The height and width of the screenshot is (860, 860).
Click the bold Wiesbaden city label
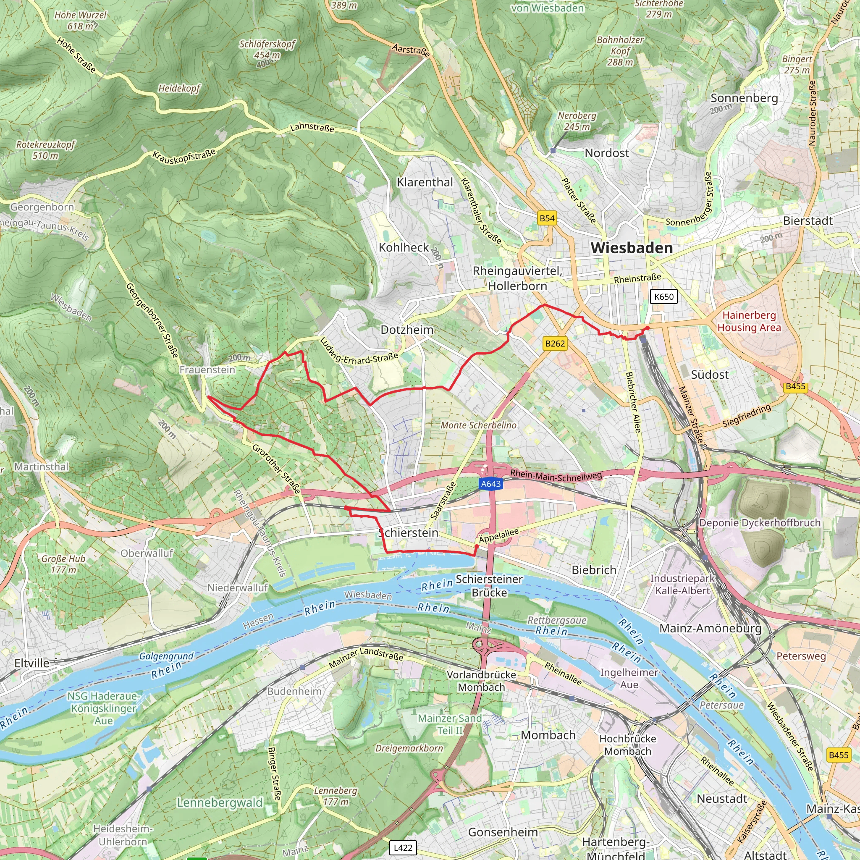tap(631, 248)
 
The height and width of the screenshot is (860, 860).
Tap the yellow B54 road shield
tap(547, 218)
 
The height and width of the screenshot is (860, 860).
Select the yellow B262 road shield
tap(555, 343)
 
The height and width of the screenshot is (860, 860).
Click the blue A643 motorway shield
tap(490, 484)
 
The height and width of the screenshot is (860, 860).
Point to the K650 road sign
tap(664, 296)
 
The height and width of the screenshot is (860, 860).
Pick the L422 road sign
tap(403, 847)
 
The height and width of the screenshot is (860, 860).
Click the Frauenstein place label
tap(207, 370)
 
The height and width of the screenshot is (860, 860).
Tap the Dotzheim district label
tap(407, 330)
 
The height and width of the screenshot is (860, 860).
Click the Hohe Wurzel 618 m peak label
tap(81, 21)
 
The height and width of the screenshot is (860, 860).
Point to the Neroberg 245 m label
tap(577, 121)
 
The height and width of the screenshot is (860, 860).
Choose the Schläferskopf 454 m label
tap(267, 50)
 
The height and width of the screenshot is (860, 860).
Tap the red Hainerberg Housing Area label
tap(749, 321)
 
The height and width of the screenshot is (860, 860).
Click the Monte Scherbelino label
tap(479, 425)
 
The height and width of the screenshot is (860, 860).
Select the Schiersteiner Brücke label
tap(489, 586)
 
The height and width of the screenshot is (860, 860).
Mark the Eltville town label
tap(31, 663)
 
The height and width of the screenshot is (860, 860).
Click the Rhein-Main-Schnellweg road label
tap(556, 475)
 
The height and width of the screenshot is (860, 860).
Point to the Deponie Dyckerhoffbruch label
tap(759, 522)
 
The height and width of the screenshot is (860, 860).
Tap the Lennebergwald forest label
tap(220, 802)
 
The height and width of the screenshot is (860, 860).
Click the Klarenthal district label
tap(425, 182)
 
